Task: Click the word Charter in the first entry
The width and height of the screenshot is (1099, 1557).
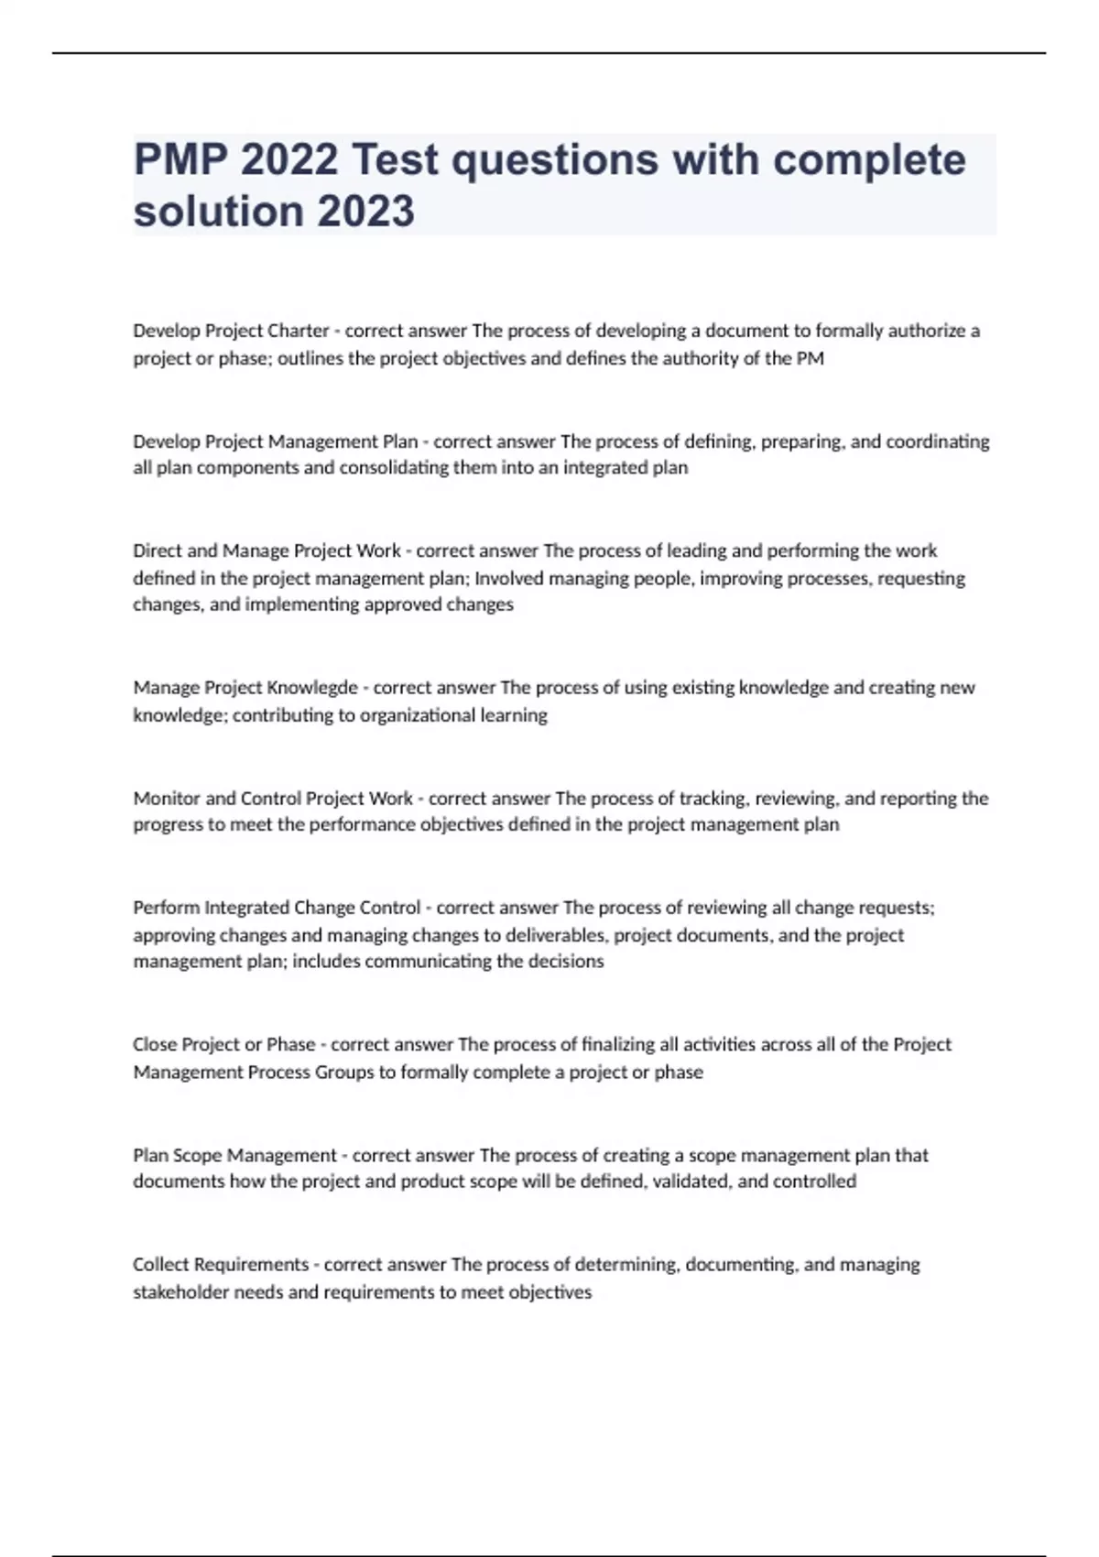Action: coord(298,331)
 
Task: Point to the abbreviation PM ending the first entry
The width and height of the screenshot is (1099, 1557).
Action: coord(811,358)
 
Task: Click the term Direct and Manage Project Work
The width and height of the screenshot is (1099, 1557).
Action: coord(267,550)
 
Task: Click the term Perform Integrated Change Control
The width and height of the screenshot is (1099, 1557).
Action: coord(277,908)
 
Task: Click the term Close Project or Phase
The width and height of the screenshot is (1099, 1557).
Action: coord(223,1044)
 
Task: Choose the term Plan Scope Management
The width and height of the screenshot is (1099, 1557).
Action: coord(234,1155)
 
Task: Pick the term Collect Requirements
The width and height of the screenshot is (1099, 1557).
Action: coord(221,1265)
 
